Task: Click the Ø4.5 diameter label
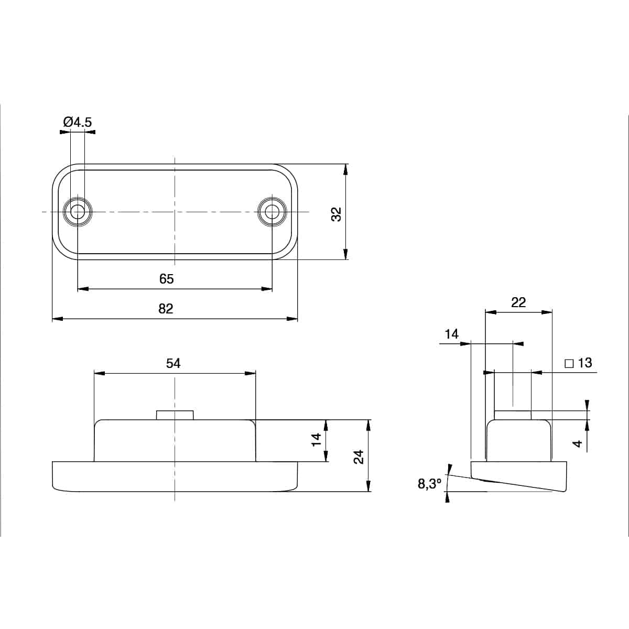coord(77,122)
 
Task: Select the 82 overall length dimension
coord(166,309)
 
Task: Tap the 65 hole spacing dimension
coord(166,279)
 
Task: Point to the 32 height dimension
coord(336,214)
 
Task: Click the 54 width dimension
coord(173,363)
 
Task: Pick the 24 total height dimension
coord(359,457)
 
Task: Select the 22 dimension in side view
coord(518,302)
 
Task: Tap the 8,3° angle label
coord(430,484)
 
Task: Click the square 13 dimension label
coord(578,363)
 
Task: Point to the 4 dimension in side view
coord(578,443)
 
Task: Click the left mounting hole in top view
coord(78,212)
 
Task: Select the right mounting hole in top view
coord(272,212)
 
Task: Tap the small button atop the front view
coord(175,415)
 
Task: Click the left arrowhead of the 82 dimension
coord(56,318)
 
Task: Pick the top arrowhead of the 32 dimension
coord(345,168)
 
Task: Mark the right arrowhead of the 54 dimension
coord(252,373)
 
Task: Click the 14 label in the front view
coord(316,440)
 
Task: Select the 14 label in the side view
coord(451,334)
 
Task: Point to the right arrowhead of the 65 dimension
coord(268,288)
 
